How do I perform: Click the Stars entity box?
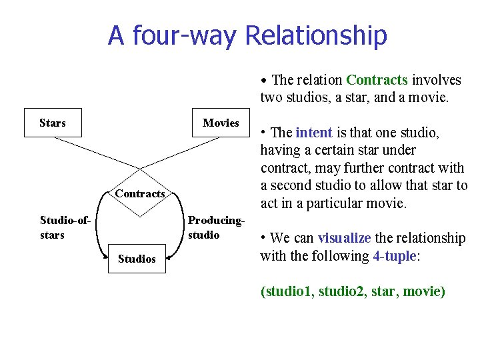tap(53, 123)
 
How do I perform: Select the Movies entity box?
tap(221, 123)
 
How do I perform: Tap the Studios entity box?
tap(137, 259)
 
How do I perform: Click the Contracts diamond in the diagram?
tap(140, 193)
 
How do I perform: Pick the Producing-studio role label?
tap(216, 227)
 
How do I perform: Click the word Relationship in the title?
tap(316, 35)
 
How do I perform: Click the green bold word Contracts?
tap(377, 80)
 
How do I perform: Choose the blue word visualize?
tap(345, 238)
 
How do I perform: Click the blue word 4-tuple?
tap(394, 256)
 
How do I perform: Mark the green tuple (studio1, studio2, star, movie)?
tap(353, 291)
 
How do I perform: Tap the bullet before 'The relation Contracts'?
tap(265, 81)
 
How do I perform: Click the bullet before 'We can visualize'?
tap(264, 239)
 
